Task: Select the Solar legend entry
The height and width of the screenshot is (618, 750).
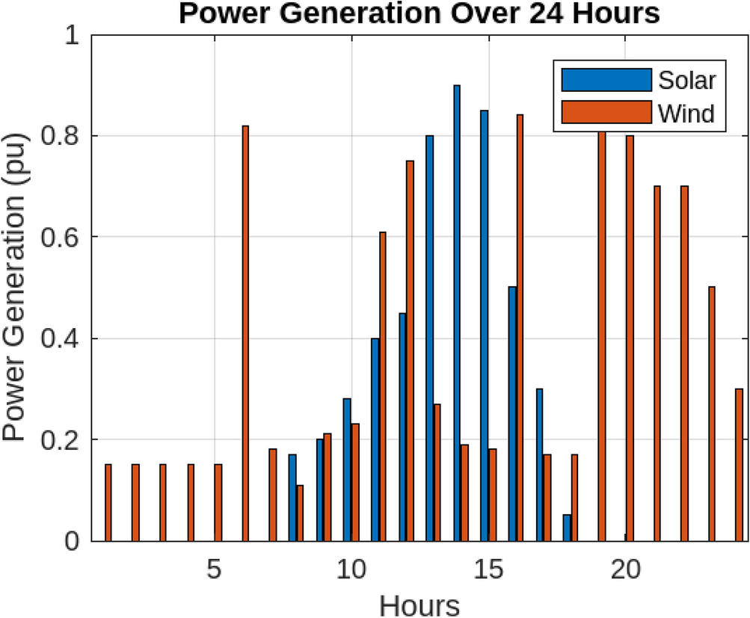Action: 684,79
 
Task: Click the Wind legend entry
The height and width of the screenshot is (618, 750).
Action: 686,114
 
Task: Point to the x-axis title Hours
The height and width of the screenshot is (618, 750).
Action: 419,603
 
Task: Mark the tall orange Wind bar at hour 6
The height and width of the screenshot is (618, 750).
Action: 245,333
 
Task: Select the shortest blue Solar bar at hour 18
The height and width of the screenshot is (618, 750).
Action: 567,528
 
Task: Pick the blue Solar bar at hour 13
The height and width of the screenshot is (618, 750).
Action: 429,338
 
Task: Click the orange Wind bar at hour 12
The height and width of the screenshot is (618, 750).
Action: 410,350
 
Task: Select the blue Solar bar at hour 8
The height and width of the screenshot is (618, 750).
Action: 292,497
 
